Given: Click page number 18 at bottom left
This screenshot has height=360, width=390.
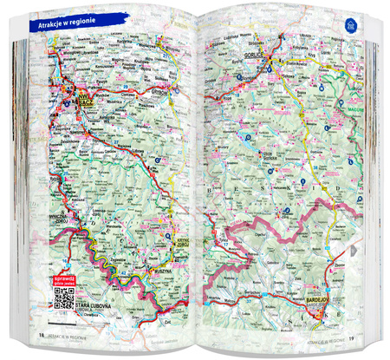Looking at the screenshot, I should [39, 336].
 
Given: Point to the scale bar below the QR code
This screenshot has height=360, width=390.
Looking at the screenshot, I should [63, 323].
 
